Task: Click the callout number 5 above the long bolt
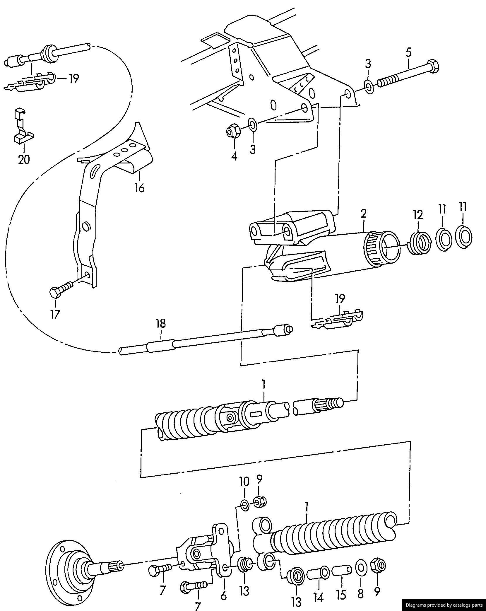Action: (x=408, y=53)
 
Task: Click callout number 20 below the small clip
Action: (x=24, y=160)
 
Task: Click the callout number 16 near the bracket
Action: (x=140, y=187)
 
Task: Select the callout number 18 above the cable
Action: (x=161, y=323)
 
